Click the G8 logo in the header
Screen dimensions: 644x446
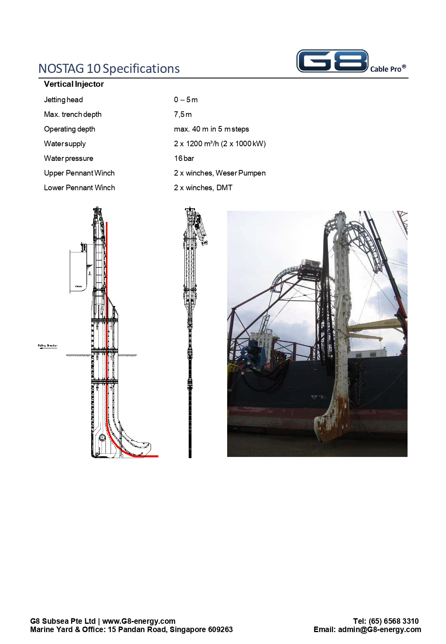click(332, 61)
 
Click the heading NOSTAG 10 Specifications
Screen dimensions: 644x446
click(109, 69)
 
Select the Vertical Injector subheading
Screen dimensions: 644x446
click(74, 84)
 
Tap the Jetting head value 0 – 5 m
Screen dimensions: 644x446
click(186, 100)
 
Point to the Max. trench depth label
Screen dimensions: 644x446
click(73, 115)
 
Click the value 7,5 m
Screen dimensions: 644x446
click(183, 115)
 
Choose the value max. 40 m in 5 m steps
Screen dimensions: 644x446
click(211, 129)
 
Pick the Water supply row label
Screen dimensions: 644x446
click(65, 144)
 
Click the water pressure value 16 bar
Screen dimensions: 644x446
click(184, 159)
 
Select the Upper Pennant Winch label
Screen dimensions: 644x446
click(79, 173)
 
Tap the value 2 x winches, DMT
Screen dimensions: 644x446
click(203, 188)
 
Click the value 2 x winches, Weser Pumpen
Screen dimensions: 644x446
click(220, 173)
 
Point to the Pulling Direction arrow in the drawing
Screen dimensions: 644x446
click(47, 346)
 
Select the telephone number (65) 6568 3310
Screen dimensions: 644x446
click(393, 621)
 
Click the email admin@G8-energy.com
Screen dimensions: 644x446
click(379, 629)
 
